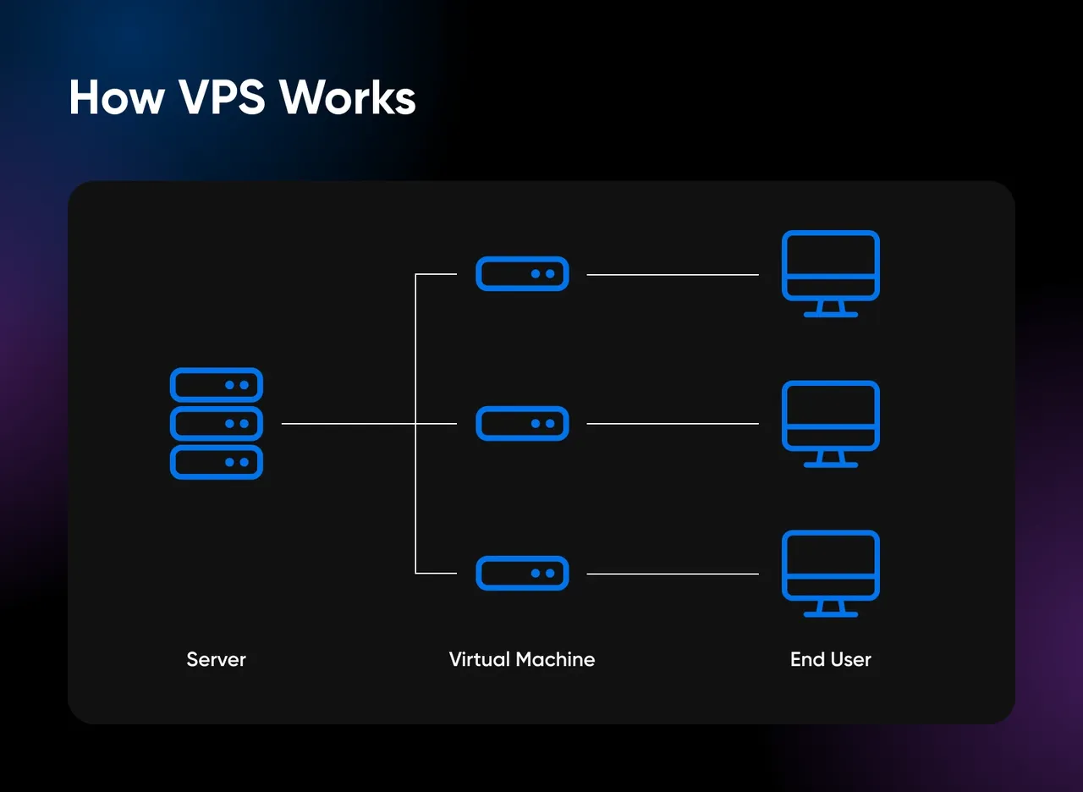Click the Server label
point(216,659)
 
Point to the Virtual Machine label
point(521,659)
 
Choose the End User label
point(830,659)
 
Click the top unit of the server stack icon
point(217,385)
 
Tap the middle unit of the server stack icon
point(217,423)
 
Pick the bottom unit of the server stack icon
point(217,462)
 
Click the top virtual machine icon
point(522,274)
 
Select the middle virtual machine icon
point(522,423)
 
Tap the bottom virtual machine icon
point(522,573)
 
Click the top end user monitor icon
point(830,265)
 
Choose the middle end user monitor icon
point(830,415)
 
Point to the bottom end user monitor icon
point(830,564)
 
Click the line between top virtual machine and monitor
point(673,275)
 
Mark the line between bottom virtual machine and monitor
point(673,574)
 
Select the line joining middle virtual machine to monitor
point(673,424)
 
